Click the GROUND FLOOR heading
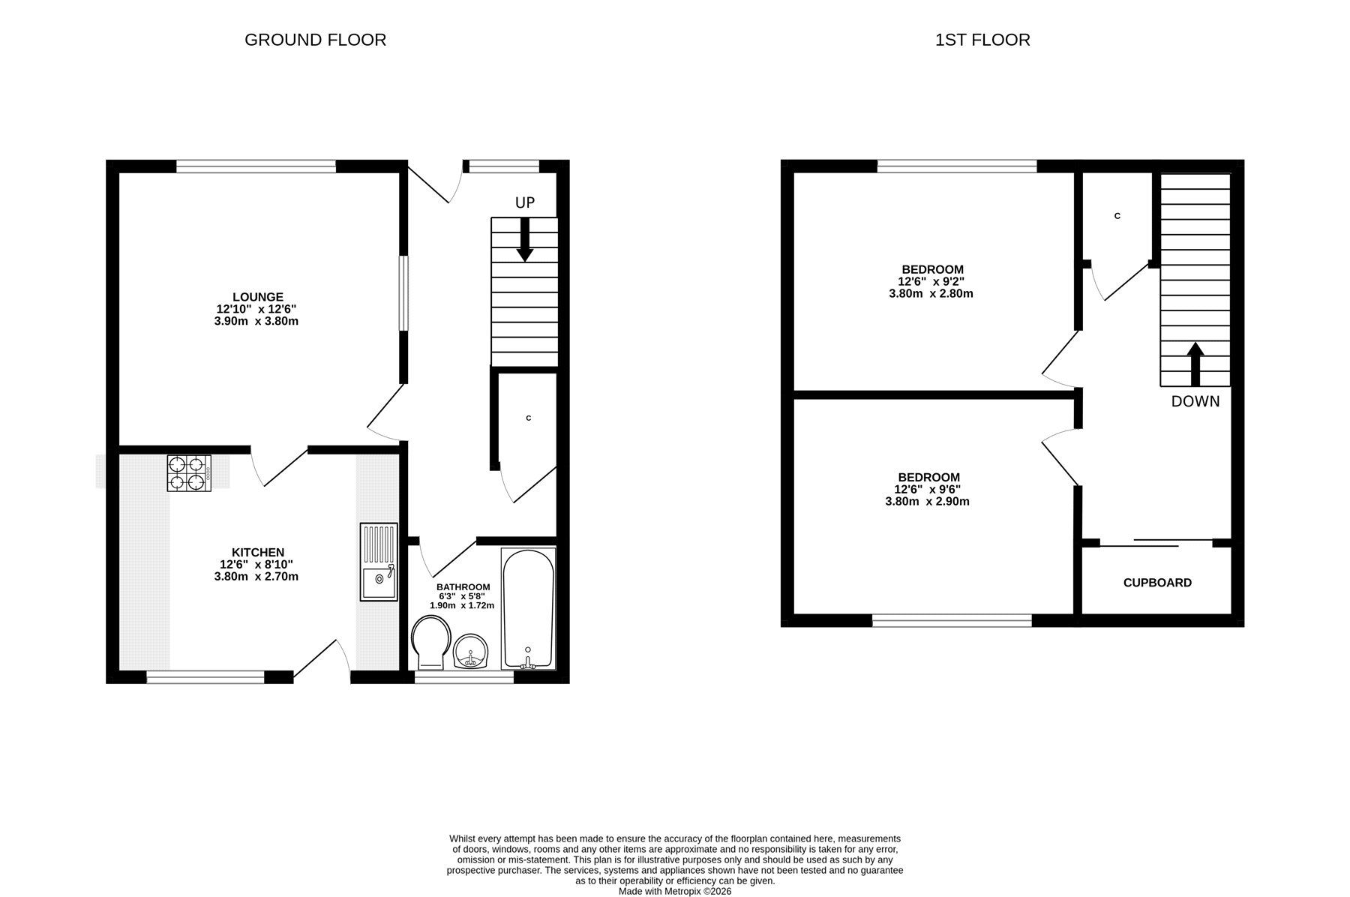click(315, 40)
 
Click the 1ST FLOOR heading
click(982, 40)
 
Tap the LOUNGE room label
click(258, 297)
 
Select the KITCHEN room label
click(257, 553)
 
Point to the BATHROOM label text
click(463, 587)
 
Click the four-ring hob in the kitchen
click(188, 473)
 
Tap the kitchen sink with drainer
click(379, 562)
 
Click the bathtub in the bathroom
click(529, 608)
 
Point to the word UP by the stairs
click(525, 202)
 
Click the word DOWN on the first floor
click(1195, 401)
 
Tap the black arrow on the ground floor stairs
click(525, 239)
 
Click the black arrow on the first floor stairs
click(1195, 364)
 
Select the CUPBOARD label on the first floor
click(1157, 583)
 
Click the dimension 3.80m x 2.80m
click(931, 293)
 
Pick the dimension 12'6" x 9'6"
click(928, 489)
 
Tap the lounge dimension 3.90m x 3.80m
click(256, 321)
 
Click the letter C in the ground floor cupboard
click(529, 418)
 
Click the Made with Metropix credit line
click(675, 892)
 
